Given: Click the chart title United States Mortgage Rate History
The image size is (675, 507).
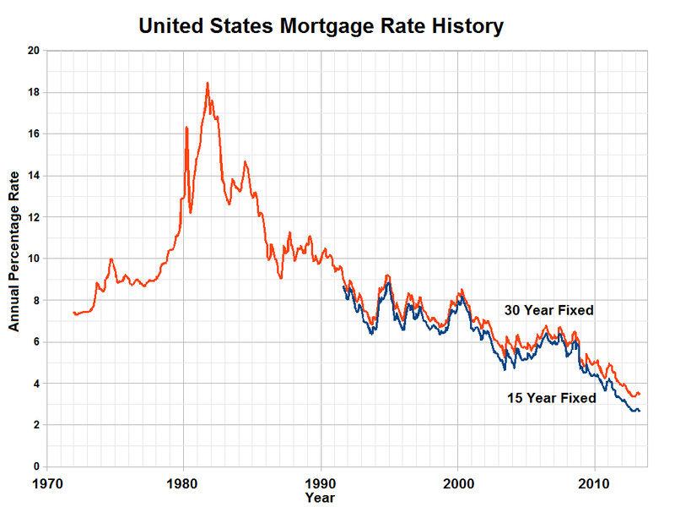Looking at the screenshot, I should click(x=321, y=26).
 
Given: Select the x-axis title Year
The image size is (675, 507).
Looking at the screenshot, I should click(x=321, y=499).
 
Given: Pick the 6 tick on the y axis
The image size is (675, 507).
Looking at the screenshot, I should click(x=38, y=342).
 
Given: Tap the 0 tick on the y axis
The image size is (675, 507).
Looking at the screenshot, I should click(x=38, y=466).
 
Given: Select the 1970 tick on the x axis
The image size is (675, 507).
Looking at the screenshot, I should click(x=46, y=486).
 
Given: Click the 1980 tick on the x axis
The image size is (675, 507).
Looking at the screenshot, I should click(x=183, y=486).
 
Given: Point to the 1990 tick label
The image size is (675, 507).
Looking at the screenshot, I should click(x=321, y=486).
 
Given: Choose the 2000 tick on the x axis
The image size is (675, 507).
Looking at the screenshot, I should click(x=457, y=486).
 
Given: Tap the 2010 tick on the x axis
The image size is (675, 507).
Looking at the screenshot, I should click(x=595, y=486).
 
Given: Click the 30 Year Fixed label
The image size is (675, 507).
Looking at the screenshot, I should click(x=549, y=310).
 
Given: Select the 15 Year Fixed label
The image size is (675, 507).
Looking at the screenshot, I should click(x=552, y=398).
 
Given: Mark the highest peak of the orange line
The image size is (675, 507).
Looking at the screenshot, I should click(x=207, y=83).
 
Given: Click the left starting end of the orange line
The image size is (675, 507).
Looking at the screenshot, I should click(x=74, y=313).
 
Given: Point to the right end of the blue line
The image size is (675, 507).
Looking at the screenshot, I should click(x=640, y=411).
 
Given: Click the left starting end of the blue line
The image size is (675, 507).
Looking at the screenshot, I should click(x=343, y=287).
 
